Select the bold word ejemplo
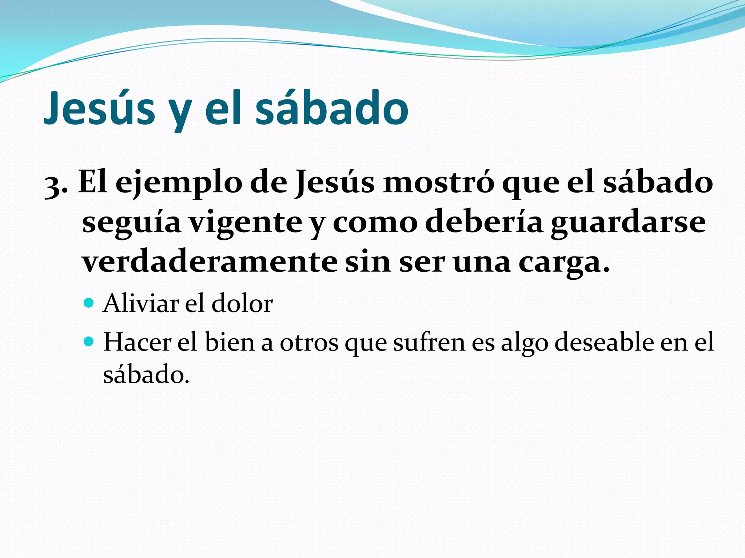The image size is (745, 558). click(179, 183)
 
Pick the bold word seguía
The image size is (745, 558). click(131, 222)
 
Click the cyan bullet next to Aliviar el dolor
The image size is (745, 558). click(88, 302)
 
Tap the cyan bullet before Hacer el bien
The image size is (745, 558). click(88, 341)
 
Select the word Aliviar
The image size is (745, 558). click(141, 303)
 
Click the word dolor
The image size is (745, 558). click(242, 303)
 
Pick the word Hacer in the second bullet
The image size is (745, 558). click(137, 342)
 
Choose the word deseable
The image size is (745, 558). click(604, 342)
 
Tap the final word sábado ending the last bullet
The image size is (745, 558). click(146, 374)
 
